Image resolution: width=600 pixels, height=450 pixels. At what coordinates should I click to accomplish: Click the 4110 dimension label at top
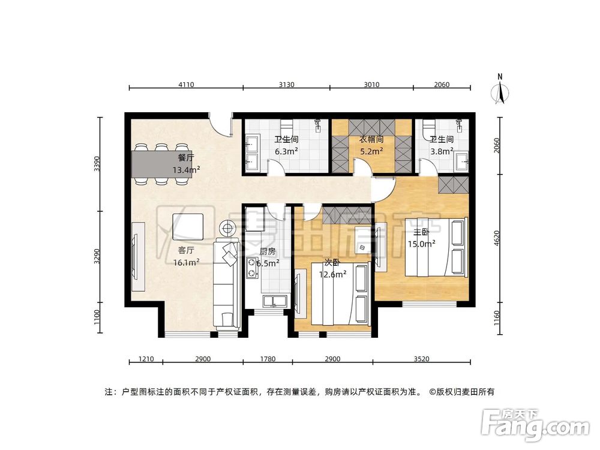click(186, 85)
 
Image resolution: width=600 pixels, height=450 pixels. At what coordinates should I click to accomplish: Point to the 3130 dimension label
click(286, 85)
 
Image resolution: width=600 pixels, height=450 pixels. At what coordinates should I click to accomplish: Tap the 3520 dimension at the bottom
click(421, 359)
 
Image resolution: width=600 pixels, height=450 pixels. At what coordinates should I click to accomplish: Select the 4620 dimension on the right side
click(497, 238)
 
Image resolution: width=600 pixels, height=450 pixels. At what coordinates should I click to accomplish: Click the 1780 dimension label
click(268, 359)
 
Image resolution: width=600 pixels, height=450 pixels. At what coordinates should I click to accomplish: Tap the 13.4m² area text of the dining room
click(186, 170)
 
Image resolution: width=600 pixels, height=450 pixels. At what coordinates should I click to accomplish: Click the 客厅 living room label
click(186, 251)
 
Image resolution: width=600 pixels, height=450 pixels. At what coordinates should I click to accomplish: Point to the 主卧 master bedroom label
click(421, 232)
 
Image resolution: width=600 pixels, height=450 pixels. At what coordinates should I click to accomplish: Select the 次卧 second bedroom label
click(332, 263)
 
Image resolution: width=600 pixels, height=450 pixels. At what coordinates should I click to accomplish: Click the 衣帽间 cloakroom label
click(371, 140)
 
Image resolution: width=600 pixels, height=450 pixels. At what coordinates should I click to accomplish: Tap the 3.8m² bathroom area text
click(442, 152)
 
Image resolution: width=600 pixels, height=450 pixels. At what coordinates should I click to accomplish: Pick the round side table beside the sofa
click(227, 229)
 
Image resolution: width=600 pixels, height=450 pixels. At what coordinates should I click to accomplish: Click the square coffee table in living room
click(187, 227)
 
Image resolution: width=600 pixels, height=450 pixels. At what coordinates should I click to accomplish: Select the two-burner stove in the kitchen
click(252, 268)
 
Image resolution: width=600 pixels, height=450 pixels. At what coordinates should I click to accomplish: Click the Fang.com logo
click(536, 425)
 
